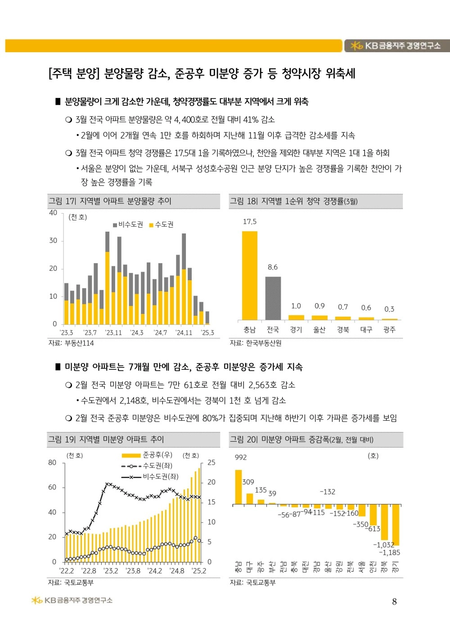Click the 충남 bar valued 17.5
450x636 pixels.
tap(250, 275)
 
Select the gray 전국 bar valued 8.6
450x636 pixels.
tap(273, 298)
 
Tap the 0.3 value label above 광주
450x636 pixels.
tap(389, 309)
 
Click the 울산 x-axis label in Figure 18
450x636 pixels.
tap(319, 330)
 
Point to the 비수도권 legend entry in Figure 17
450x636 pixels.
tap(128, 224)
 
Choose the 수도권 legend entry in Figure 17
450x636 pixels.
tap(162, 224)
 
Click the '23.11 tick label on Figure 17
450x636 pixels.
tap(113, 332)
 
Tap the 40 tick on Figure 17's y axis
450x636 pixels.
tap(53, 213)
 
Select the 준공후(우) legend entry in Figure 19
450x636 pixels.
tap(147, 455)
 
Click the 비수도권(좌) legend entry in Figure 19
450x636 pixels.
tap(150, 477)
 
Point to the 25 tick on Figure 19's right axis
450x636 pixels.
tap(211, 462)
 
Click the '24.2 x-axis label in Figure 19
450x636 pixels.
tap(155, 571)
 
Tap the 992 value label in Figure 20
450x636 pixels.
tap(241, 457)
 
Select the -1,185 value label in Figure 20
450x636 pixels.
tap(390, 552)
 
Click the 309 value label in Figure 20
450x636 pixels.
tap(248, 482)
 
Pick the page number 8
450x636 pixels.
tap(394, 601)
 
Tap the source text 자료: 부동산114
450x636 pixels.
tap(71, 343)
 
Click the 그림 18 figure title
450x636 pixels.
tap(293, 202)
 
